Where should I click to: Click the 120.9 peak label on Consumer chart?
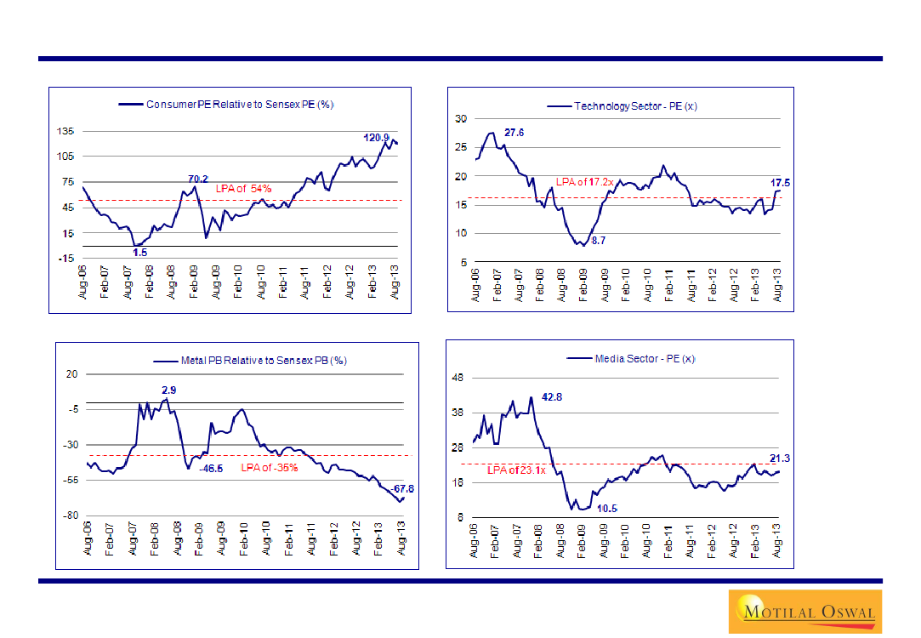(x=376, y=138)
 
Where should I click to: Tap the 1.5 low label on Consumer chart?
(x=140, y=253)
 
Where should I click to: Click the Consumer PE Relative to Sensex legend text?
(x=241, y=105)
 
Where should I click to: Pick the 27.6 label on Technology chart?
(x=515, y=133)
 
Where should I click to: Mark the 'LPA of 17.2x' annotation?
(x=585, y=182)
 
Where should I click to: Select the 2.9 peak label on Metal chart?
(x=169, y=390)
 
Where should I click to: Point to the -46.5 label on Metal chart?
(x=211, y=468)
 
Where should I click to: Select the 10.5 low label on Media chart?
(x=606, y=508)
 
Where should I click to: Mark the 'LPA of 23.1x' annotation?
(x=515, y=470)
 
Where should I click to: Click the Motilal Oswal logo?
(x=804, y=611)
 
